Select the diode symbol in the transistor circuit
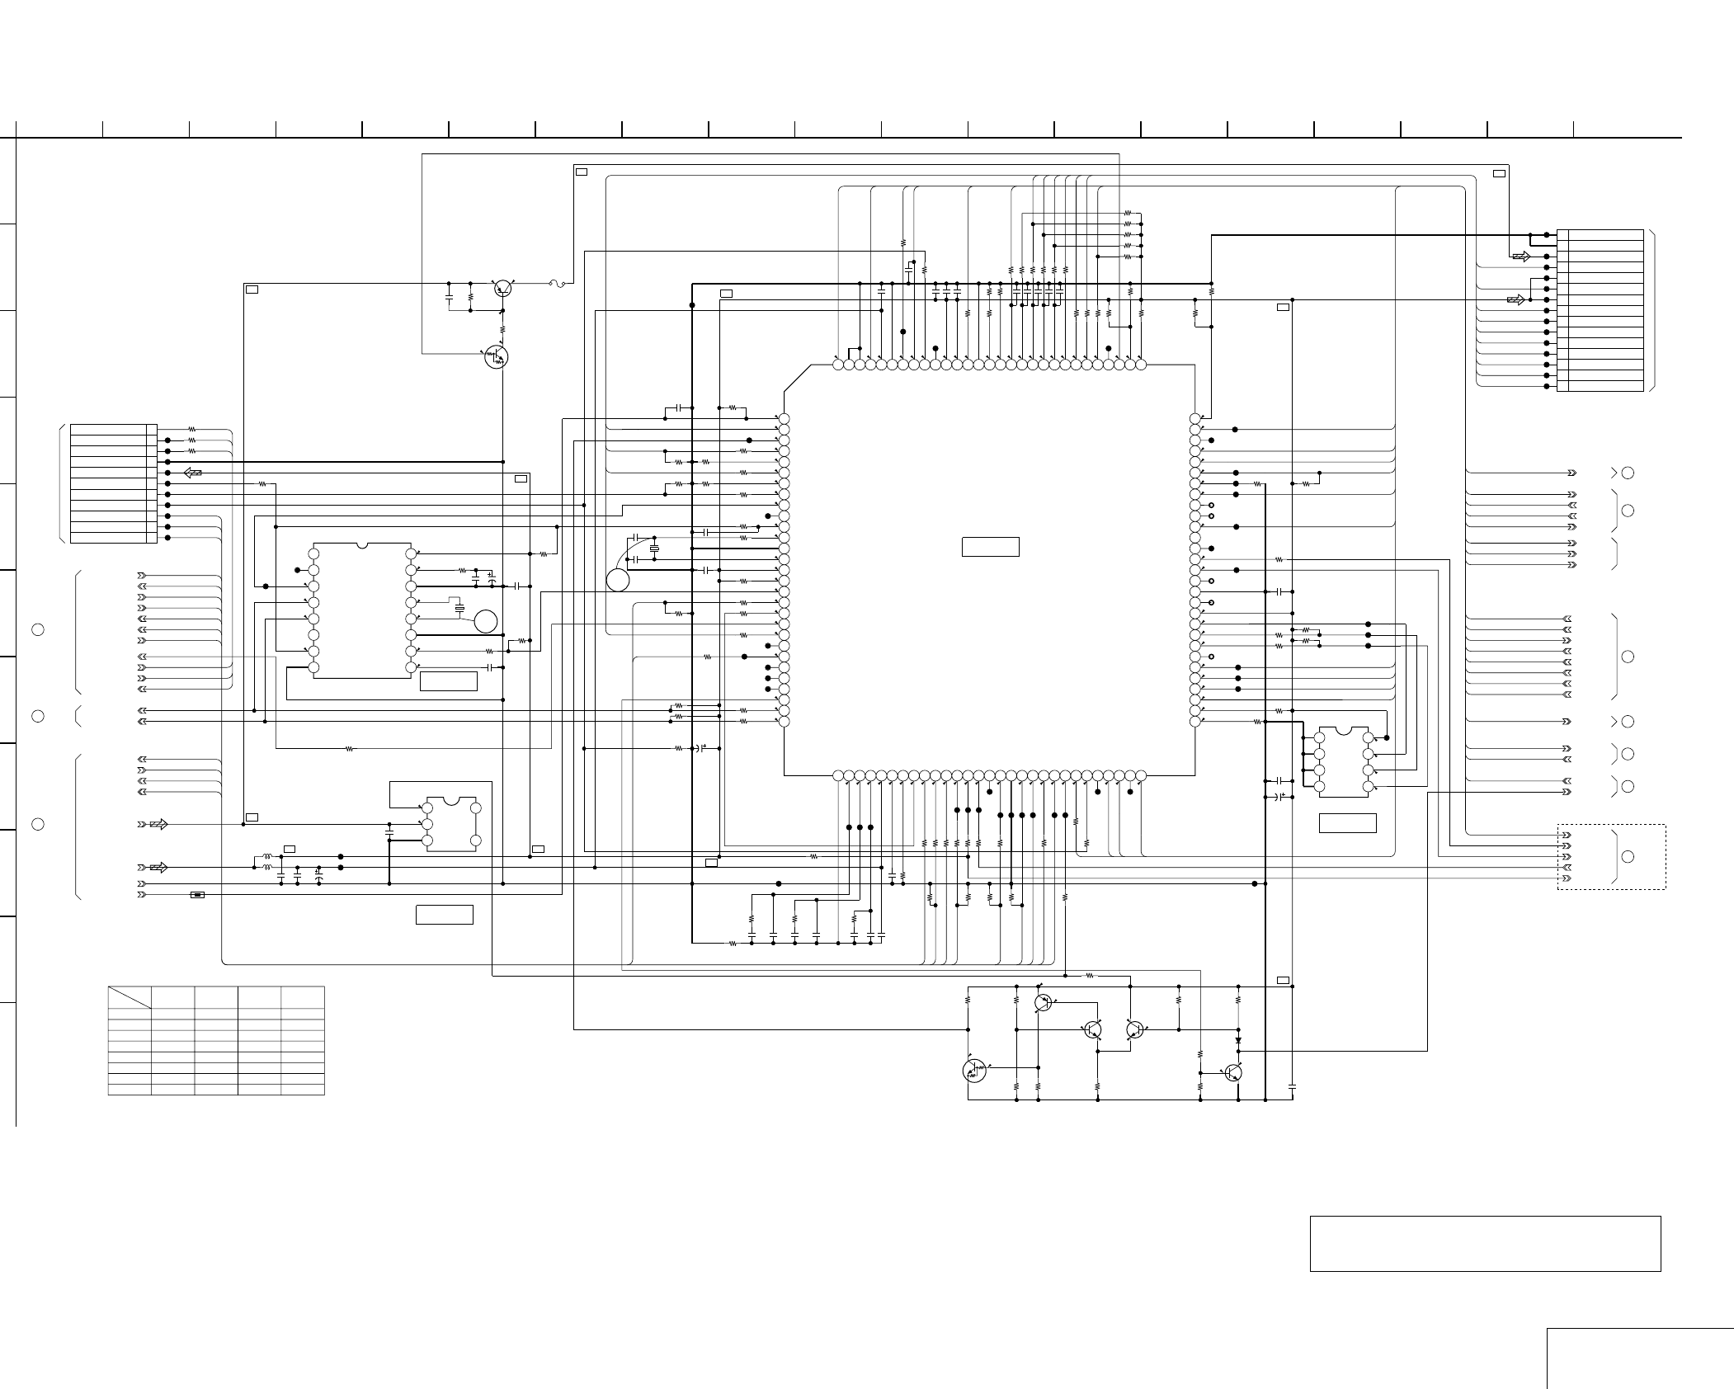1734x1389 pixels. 1238,1040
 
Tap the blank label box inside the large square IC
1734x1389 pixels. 990,547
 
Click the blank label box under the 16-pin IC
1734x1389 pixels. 448,681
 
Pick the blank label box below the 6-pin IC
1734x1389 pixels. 444,915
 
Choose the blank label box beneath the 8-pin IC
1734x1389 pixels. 1347,822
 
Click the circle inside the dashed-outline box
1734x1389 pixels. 1628,857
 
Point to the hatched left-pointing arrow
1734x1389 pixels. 192,473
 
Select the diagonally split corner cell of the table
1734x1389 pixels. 130,997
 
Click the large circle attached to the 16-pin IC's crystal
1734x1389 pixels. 486,621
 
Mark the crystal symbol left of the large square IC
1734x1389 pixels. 654,549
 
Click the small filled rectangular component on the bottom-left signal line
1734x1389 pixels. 197,894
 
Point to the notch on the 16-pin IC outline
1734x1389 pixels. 362,545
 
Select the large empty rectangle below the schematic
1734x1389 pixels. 1485,1243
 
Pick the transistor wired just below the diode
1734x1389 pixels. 1233,1072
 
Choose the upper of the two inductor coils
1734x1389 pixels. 267,856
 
